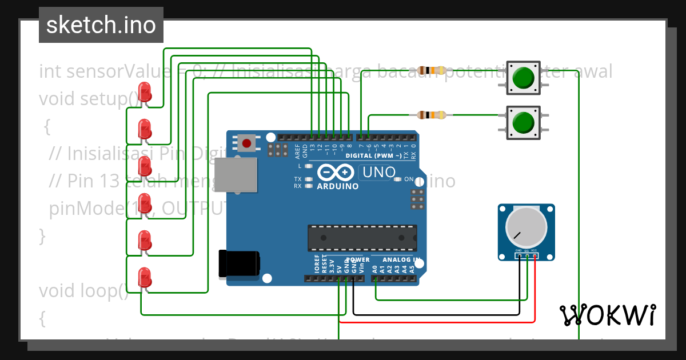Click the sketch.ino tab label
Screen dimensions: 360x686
(101, 25)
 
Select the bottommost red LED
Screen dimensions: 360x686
(145, 278)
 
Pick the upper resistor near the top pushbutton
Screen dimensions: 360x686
(431, 71)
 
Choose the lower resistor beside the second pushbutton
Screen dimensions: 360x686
(431, 115)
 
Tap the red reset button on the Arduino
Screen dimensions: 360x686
(246, 143)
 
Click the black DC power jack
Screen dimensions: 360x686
(240, 264)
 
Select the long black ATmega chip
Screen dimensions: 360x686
(362, 238)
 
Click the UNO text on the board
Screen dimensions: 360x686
(377, 172)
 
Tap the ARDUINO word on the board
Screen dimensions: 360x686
(337, 186)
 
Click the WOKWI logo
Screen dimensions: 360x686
(607, 315)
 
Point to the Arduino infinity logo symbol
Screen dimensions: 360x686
(337, 172)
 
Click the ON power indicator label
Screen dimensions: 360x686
(409, 179)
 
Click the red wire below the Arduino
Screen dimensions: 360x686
(437, 322)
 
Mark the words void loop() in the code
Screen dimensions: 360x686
(83, 291)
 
